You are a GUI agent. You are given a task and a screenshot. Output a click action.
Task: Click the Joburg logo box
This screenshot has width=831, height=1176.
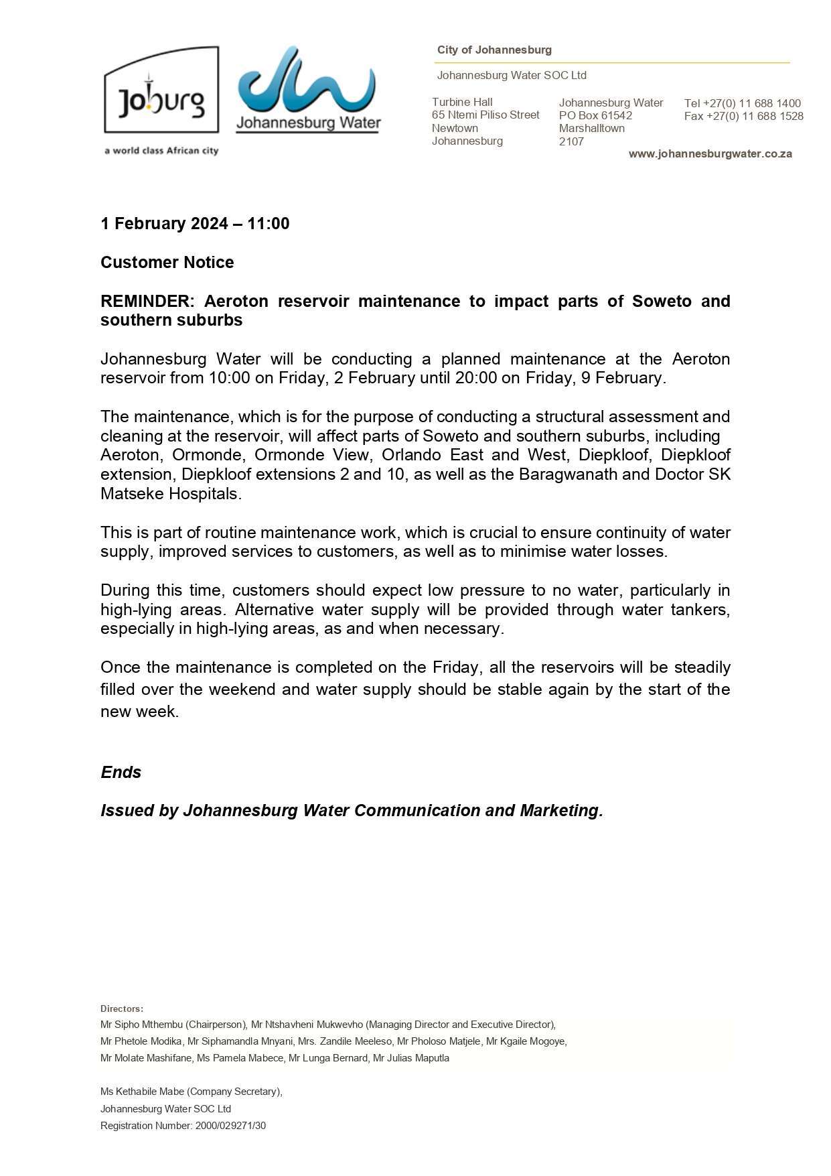pos(161,90)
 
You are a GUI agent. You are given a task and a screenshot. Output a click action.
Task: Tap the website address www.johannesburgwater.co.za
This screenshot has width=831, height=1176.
pos(710,153)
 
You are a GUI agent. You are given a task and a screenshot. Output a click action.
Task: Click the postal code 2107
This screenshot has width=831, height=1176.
pos(571,141)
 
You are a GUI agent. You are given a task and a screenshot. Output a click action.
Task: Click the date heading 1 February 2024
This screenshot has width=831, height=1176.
pos(164,223)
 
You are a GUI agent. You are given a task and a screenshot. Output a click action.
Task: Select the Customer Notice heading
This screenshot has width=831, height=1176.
pos(167,262)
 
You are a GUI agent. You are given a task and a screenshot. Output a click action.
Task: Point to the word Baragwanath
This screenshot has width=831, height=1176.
pos(561,474)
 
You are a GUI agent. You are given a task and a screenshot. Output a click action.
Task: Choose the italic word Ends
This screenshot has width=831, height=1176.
pos(121,772)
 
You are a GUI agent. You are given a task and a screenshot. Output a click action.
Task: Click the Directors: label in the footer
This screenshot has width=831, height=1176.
pos(121,1008)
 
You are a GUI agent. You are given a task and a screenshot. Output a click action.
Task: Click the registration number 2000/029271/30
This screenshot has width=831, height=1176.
pos(230,1126)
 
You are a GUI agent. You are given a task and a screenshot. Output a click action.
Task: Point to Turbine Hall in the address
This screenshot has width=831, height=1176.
pos(461,102)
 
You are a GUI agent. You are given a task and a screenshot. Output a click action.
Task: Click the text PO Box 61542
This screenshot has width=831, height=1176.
pos(595,115)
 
